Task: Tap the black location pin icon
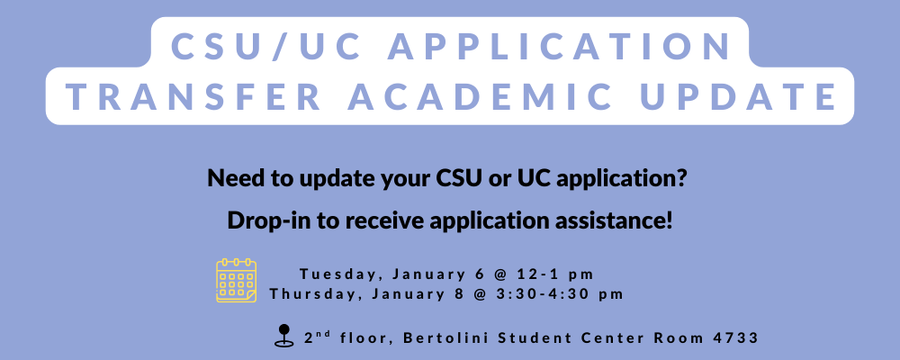[x=284, y=336]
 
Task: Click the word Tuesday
[x=329, y=274]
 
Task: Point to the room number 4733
[x=734, y=338]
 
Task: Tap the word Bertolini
[x=444, y=338]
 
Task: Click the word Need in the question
[x=232, y=178]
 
